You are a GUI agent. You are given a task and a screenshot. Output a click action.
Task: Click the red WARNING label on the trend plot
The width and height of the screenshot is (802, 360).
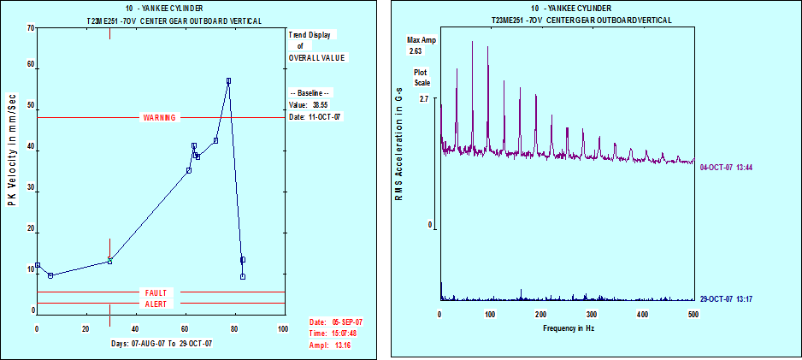tap(159, 118)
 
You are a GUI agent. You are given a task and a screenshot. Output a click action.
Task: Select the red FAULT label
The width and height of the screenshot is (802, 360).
tap(159, 292)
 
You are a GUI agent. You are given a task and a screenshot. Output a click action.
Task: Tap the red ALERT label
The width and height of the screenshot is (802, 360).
tap(159, 304)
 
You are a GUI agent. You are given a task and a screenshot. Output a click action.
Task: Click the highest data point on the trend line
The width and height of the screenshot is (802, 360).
tap(228, 81)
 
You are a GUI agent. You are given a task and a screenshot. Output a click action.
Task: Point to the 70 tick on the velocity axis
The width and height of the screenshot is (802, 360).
tap(31, 27)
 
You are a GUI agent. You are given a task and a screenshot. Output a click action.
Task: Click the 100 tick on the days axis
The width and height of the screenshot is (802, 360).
tap(283, 328)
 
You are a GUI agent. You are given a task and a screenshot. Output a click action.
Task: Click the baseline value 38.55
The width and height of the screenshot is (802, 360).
tap(321, 104)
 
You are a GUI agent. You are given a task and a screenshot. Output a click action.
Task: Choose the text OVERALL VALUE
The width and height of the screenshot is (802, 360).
tap(318, 57)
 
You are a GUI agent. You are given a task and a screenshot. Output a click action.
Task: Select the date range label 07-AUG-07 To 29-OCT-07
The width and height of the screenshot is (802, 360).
tap(162, 343)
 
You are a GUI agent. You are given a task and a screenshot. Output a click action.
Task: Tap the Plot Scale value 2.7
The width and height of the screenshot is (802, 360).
tap(422, 99)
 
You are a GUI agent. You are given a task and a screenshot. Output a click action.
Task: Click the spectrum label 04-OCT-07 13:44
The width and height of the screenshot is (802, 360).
tap(725, 167)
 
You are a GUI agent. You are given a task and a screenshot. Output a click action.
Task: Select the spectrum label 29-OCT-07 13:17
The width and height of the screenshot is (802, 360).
tap(725, 299)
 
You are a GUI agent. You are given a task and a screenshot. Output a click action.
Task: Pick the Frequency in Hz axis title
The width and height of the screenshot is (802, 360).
tap(565, 328)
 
